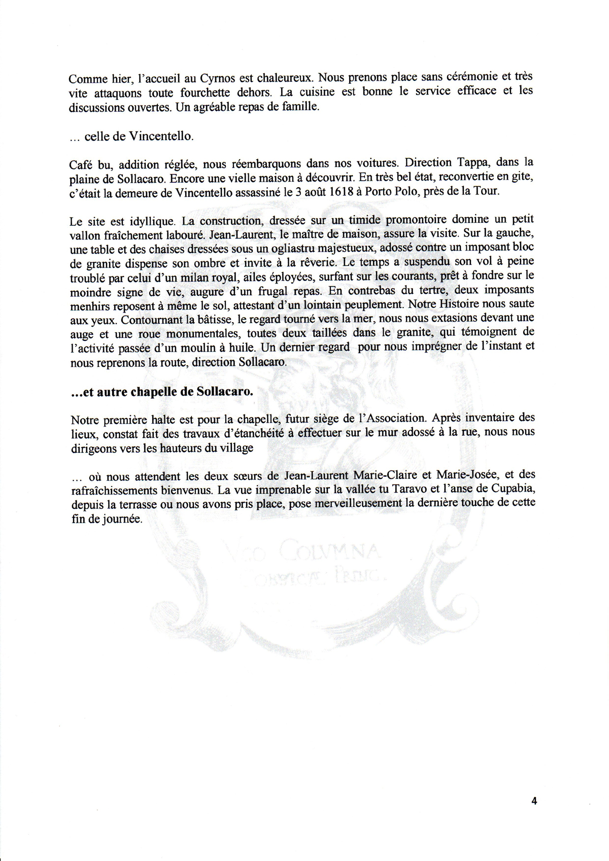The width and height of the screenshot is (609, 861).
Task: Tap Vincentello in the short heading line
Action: pos(161,136)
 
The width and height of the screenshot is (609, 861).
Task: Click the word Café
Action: pos(81,163)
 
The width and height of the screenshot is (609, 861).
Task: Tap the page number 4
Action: pos(533,801)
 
